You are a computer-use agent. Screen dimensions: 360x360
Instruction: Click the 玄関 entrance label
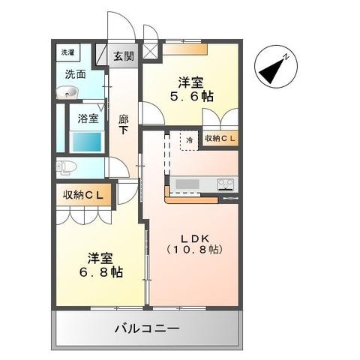click(x=124, y=55)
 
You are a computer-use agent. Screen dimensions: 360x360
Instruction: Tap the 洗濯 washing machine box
click(x=68, y=52)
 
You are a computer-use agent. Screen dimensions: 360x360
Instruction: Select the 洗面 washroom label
click(x=74, y=74)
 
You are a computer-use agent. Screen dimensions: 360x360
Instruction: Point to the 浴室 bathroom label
click(x=88, y=117)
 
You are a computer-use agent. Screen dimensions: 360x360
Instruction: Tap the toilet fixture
click(x=66, y=166)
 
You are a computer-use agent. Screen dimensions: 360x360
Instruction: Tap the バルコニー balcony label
click(x=147, y=328)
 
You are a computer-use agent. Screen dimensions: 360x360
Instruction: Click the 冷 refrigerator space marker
click(x=190, y=139)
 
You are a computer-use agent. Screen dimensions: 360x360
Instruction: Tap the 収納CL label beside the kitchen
click(x=221, y=139)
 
